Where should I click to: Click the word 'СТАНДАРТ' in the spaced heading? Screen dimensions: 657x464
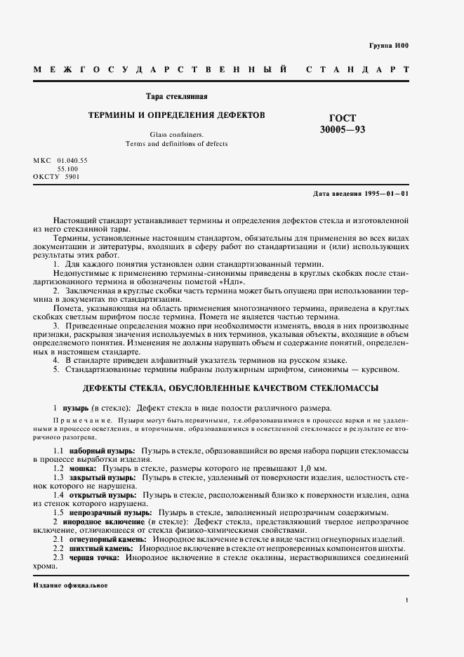358,71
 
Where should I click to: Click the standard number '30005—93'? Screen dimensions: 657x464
343,129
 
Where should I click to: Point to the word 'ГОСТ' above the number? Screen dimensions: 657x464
343,118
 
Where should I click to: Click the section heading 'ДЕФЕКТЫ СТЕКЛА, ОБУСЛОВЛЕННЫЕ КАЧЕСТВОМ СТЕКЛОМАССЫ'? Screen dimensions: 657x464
231,387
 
